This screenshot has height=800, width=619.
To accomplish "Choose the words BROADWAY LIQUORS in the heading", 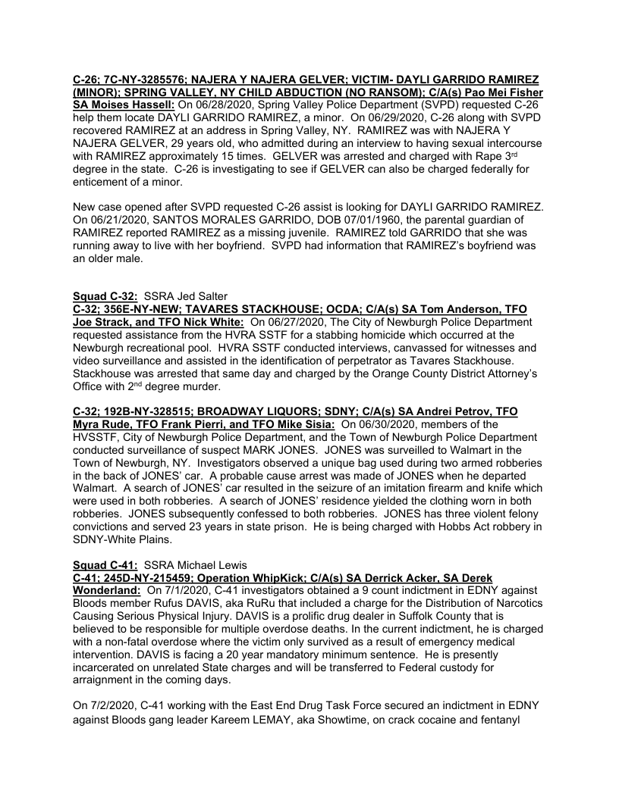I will coord(256,411).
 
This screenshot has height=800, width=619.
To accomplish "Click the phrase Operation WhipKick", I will coord(278,576).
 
